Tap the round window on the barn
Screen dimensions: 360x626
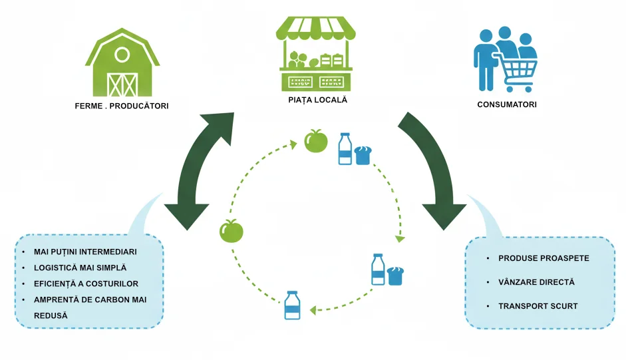coord(122,55)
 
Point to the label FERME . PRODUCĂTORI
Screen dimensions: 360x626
coord(121,105)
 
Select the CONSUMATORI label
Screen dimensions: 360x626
coord(507,104)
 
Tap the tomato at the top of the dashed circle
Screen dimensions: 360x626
coord(316,141)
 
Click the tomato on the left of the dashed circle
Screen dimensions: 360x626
coord(231,231)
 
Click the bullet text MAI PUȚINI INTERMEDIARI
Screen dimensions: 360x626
coord(85,252)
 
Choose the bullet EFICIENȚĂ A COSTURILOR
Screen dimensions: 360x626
coord(86,284)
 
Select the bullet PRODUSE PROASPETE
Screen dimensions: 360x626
coord(544,258)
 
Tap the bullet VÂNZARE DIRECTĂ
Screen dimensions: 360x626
coord(536,282)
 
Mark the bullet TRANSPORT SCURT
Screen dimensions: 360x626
coord(538,306)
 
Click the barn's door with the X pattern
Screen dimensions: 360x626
coord(122,85)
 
